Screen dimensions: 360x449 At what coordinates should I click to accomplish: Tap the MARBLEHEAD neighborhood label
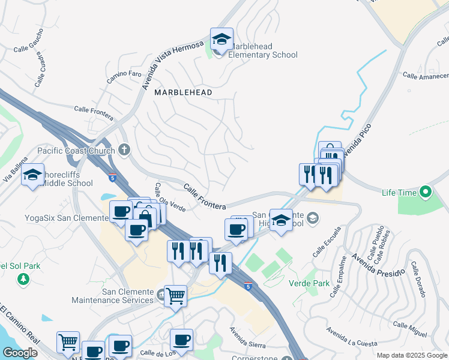click(x=183, y=92)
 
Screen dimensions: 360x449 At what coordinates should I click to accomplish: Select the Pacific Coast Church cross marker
click(x=124, y=149)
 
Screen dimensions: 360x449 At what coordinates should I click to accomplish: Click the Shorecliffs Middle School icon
click(x=33, y=175)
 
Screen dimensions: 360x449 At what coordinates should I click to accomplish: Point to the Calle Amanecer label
click(x=426, y=76)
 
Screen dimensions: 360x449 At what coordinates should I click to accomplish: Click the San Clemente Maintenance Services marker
click(x=161, y=294)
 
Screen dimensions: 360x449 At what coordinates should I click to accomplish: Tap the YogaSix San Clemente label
click(x=66, y=218)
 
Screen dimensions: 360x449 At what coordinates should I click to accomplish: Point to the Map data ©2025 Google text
click(x=411, y=355)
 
